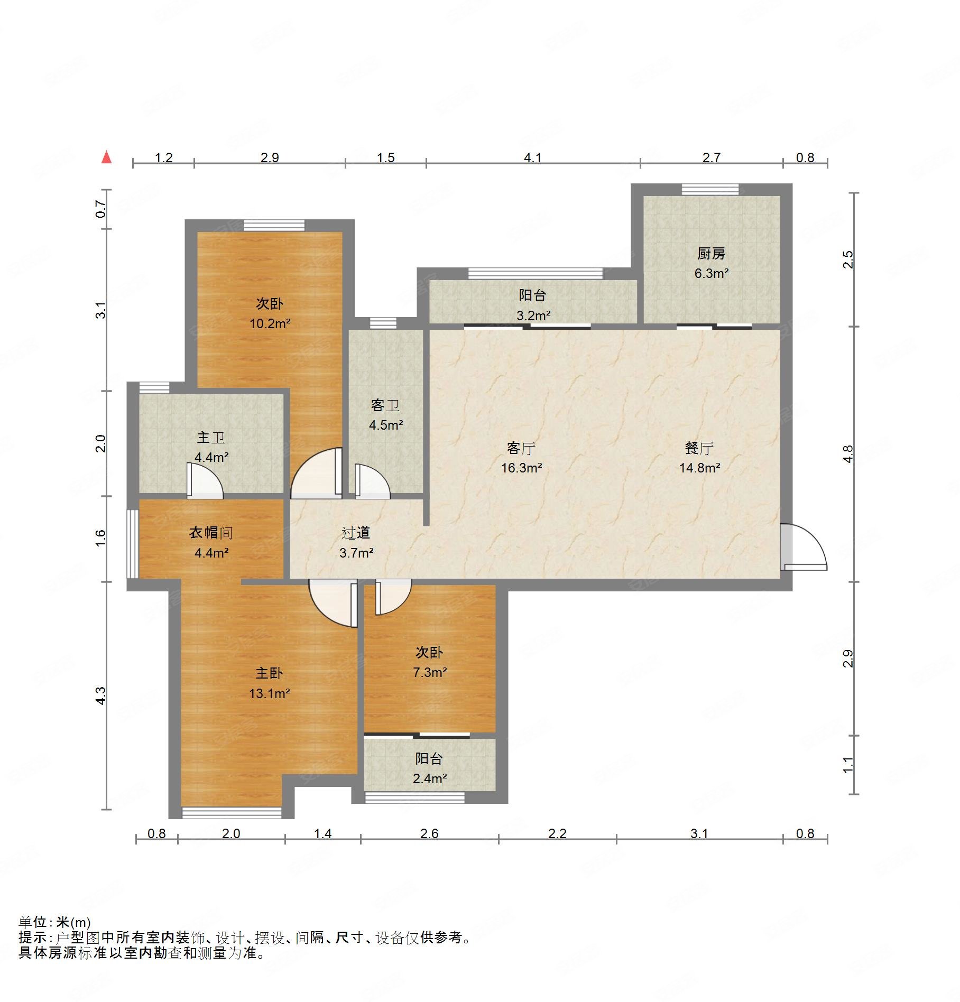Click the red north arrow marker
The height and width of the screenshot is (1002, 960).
pos(107,157)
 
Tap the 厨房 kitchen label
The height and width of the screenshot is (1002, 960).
pos(711,254)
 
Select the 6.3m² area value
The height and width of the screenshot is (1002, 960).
pos(711,273)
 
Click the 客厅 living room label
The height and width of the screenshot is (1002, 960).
pos(521,448)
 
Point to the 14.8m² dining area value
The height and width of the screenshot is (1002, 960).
pos(699,468)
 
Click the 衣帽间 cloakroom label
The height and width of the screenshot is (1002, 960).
pos(211,533)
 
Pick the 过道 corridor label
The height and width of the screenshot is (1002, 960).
pos(356,533)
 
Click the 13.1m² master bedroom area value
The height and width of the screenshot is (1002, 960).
pos(269,693)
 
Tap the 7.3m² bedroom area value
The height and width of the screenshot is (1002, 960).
pos(429,672)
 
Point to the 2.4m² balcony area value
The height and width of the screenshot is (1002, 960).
pos(429,778)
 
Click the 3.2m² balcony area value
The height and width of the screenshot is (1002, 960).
pos(533,316)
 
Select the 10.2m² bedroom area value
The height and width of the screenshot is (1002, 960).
pos(270,323)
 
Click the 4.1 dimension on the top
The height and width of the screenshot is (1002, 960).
pos(533,157)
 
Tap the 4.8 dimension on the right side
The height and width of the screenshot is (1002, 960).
pos(847,454)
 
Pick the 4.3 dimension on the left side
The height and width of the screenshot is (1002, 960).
pos(101,695)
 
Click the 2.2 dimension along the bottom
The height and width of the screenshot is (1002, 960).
pos(557,833)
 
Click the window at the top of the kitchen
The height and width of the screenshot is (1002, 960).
pos(710,190)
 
